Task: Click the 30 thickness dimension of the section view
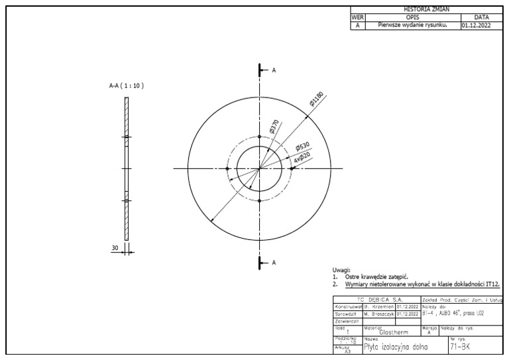click(115, 247)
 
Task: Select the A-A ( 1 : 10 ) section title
click(126, 86)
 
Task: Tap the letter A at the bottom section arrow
click(274, 263)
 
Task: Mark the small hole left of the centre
click(227, 168)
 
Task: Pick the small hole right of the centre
click(291, 168)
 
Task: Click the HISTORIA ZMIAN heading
click(425, 9)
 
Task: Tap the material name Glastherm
click(392, 333)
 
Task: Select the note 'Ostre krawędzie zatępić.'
click(376, 276)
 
